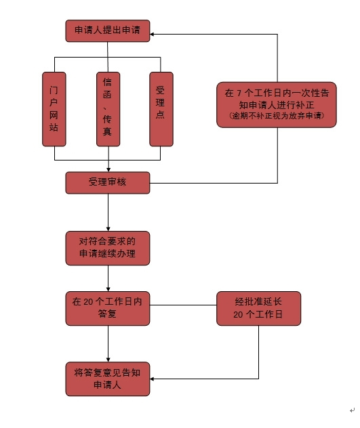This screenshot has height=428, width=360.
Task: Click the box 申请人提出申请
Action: tap(107, 30)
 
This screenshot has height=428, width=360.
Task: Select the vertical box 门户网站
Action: tap(54, 109)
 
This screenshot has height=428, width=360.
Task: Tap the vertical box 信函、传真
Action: tap(108, 109)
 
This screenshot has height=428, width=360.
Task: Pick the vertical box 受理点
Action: tap(161, 109)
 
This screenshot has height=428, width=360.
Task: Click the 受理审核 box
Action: tap(107, 183)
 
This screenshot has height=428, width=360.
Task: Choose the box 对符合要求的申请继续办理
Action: tap(107, 248)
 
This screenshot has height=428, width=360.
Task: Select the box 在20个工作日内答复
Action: tap(107, 308)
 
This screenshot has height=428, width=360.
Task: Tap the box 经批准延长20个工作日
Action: tap(258, 308)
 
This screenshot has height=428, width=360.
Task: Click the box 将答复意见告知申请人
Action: tap(107, 379)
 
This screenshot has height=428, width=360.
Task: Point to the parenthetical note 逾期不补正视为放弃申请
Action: tap(277, 116)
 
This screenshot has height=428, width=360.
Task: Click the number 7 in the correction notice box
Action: tap(239, 93)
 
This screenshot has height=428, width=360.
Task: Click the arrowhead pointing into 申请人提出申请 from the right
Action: tap(152, 34)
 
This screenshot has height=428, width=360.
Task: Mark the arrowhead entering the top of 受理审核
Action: tap(108, 170)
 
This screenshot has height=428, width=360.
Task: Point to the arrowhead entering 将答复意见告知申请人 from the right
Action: tap(152, 379)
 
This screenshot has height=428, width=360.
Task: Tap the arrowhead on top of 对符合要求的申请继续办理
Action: tap(108, 229)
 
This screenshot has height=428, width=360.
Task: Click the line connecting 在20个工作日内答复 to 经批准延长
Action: tap(183, 305)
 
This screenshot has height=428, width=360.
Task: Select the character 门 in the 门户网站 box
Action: tap(54, 90)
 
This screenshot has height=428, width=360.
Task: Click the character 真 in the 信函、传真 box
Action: tap(107, 131)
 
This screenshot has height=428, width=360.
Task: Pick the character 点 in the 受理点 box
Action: tap(160, 114)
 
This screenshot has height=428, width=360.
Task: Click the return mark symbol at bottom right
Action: tap(352, 410)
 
